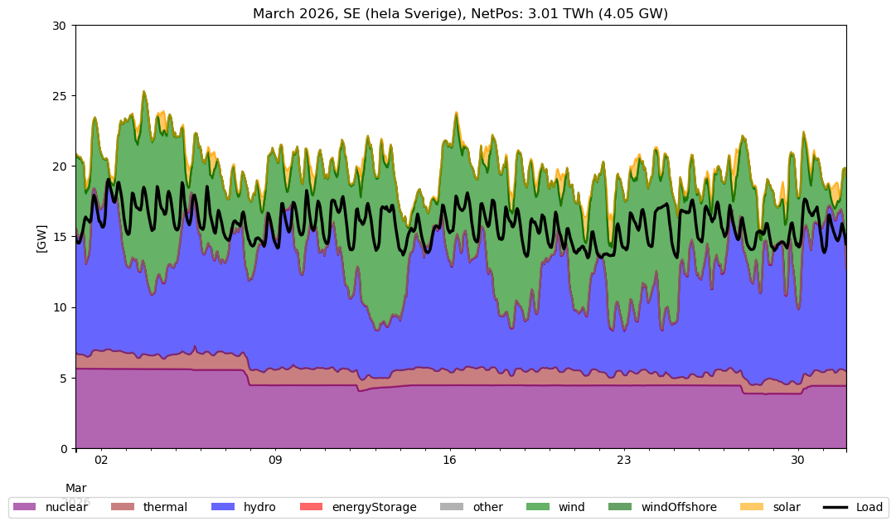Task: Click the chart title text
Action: coord(460,13)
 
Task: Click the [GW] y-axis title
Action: coord(41,237)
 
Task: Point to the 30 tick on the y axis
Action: coord(59,26)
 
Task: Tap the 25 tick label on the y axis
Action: coord(59,96)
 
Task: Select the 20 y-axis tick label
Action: coord(59,166)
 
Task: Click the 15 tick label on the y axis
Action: coord(59,237)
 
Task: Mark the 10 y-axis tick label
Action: coord(59,308)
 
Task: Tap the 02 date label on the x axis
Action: coord(101,461)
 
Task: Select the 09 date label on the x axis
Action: coord(275,461)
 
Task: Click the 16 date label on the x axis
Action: coord(449,461)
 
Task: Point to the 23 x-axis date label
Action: coord(623,461)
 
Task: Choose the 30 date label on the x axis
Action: coord(797,461)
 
